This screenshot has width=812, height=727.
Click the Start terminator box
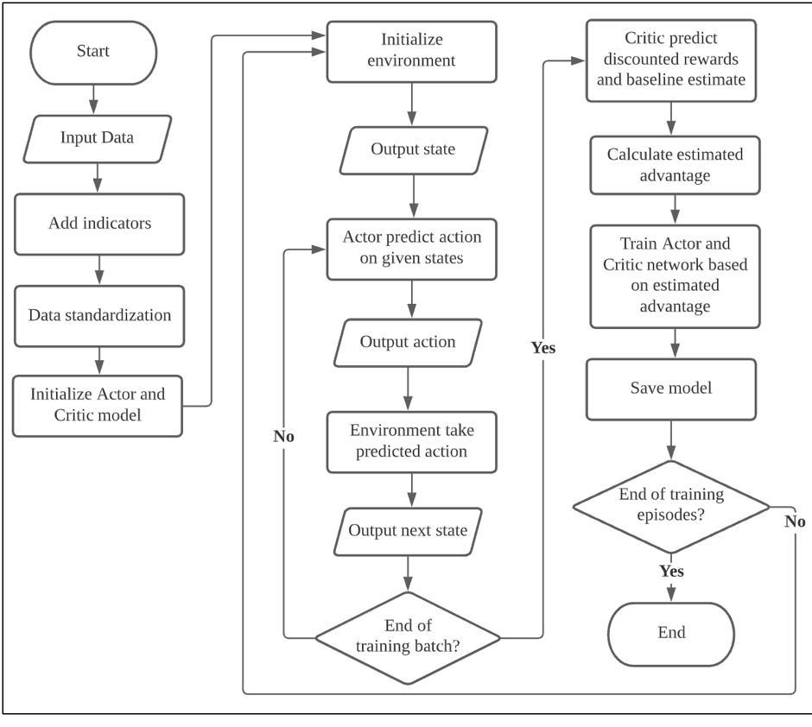click(x=93, y=51)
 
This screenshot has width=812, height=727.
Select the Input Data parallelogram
click(x=97, y=138)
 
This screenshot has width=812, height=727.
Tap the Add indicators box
click(x=99, y=224)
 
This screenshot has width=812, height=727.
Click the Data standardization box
click(x=99, y=315)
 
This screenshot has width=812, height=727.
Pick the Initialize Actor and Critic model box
click(x=98, y=405)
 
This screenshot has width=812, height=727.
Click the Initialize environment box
click(x=411, y=51)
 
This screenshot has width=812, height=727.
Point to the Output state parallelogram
click(x=413, y=149)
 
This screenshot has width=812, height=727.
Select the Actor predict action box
click(x=411, y=248)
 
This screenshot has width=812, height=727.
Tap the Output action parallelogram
click(x=408, y=342)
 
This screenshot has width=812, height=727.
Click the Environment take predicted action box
click(x=411, y=441)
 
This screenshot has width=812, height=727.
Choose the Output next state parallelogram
click(x=408, y=530)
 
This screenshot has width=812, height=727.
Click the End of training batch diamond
click(x=407, y=637)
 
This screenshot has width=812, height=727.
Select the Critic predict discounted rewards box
click(x=670, y=60)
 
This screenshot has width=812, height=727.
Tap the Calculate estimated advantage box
click(x=674, y=165)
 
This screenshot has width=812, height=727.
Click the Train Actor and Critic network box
click(x=674, y=275)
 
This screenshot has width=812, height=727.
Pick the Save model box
click(x=671, y=389)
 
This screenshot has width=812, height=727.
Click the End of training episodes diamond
click(x=671, y=506)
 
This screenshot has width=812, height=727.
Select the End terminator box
click(x=671, y=633)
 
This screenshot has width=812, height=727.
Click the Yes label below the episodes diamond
click(x=671, y=572)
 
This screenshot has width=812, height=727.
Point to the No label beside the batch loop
click(x=283, y=437)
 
